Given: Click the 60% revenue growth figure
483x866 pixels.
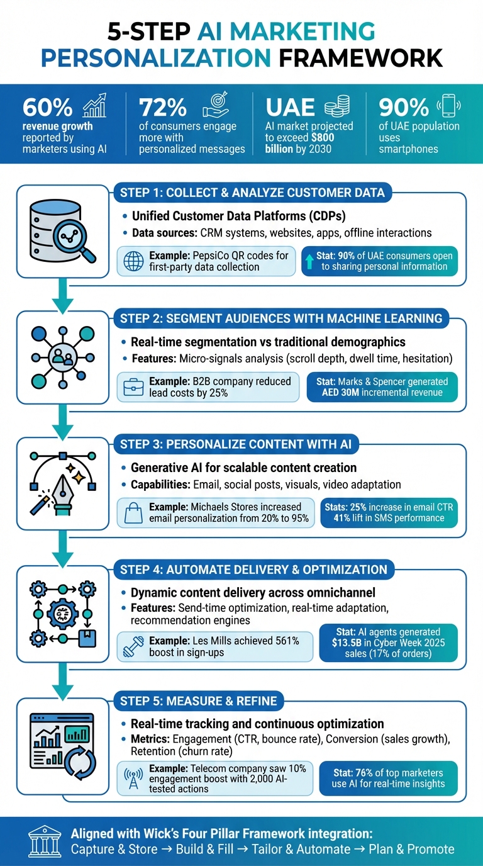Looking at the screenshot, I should tap(48, 108).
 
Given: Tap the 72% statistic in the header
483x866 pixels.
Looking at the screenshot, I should tap(162, 108).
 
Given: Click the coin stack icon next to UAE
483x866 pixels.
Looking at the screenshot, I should tap(338, 106).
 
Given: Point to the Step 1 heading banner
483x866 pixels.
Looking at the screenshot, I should tap(252, 193).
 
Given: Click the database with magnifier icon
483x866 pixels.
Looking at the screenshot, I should tap(63, 232).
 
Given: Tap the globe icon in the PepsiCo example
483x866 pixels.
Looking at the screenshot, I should tap(133, 261).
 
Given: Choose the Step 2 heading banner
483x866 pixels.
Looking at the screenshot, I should tap(280, 318).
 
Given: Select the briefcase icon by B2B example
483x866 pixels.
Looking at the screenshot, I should tap(133, 387).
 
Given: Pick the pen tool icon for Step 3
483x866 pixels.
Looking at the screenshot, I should tap(63, 482).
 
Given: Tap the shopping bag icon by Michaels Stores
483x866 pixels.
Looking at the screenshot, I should tap(133, 512).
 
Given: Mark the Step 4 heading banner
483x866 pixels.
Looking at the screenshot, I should tap(253, 570).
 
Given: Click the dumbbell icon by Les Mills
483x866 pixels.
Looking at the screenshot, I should tap(133, 646).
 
